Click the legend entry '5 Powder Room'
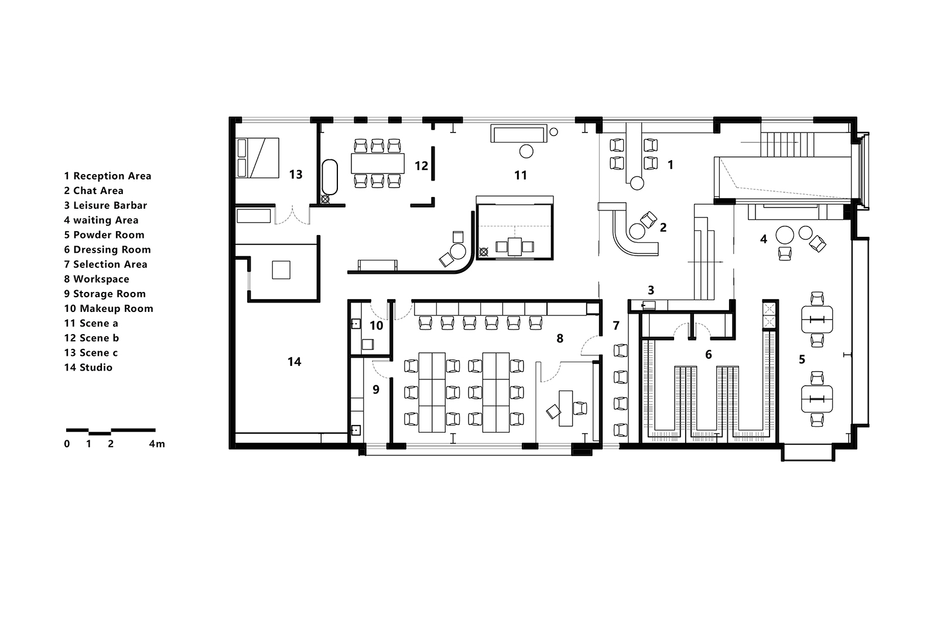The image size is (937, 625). (104, 235)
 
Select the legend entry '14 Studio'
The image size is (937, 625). (88, 368)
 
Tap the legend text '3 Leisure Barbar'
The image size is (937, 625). (105, 205)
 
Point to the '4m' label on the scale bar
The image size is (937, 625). (157, 444)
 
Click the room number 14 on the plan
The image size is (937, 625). (295, 362)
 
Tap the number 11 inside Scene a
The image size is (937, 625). (521, 175)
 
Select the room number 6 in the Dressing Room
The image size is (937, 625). (708, 355)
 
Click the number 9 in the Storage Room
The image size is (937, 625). (376, 389)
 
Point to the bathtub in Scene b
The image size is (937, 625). (330, 177)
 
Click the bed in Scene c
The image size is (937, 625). (257, 158)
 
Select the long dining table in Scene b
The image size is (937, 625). (378, 164)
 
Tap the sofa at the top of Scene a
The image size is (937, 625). (519, 134)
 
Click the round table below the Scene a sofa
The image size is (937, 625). (526, 151)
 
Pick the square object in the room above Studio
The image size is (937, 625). (281, 270)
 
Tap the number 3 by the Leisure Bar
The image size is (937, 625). (651, 290)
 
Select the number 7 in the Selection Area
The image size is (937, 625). (615, 325)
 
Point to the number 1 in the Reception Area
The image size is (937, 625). (671, 165)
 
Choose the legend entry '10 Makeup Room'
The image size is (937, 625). (109, 309)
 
